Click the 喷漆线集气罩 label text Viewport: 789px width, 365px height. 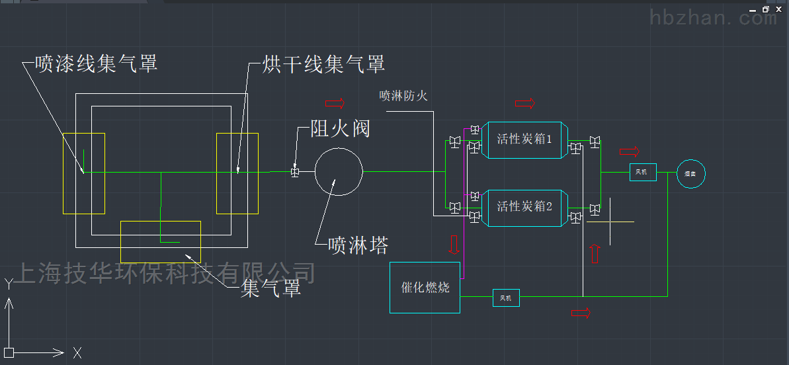(97, 64)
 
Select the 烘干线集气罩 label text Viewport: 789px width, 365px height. (323, 64)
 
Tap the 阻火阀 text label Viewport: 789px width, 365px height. (340, 128)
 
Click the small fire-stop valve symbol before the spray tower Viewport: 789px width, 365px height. (295, 173)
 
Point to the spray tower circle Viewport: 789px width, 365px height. (339, 172)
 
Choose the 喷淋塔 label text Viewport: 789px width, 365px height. (358, 246)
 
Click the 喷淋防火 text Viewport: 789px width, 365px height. (403, 96)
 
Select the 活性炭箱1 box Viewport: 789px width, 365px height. (524, 140)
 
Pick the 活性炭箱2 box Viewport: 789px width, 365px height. (524, 206)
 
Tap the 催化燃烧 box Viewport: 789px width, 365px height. (425, 288)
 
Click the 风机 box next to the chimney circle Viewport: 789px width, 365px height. (642, 173)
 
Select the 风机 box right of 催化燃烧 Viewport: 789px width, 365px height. (506, 298)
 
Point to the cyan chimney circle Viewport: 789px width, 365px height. (690, 173)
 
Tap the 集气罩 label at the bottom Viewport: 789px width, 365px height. (270, 288)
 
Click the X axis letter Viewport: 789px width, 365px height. (77, 352)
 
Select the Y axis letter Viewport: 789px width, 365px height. (9, 284)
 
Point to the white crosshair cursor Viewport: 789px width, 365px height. (609, 221)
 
